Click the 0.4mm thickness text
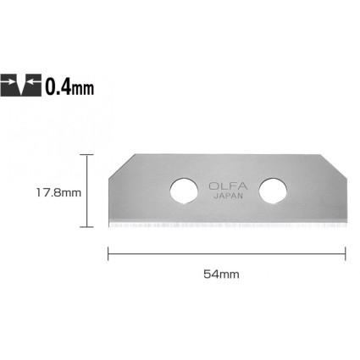(x=70, y=86)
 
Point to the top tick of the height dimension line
(x=86, y=155)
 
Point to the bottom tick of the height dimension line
(x=86, y=227)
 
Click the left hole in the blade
(x=182, y=190)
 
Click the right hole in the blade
(x=272, y=190)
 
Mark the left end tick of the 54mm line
(x=108, y=252)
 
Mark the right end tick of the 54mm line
(x=346, y=252)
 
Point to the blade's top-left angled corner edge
(x=121, y=166)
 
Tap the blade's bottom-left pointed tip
(x=108, y=226)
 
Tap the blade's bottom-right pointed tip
(x=346, y=226)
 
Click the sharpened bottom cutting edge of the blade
(x=227, y=226)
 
